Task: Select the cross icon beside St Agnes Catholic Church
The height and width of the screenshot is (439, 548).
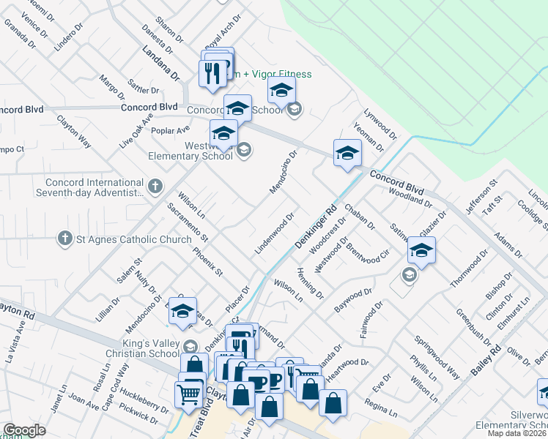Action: click(x=64, y=239)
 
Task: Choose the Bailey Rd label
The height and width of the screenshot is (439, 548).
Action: click(x=486, y=360)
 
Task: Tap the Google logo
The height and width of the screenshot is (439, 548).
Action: click(x=24, y=431)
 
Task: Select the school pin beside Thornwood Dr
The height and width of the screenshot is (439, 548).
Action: click(x=421, y=250)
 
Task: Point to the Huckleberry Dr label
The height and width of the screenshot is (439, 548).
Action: click(x=144, y=402)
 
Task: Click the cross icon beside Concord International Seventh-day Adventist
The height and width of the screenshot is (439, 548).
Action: click(x=155, y=187)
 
